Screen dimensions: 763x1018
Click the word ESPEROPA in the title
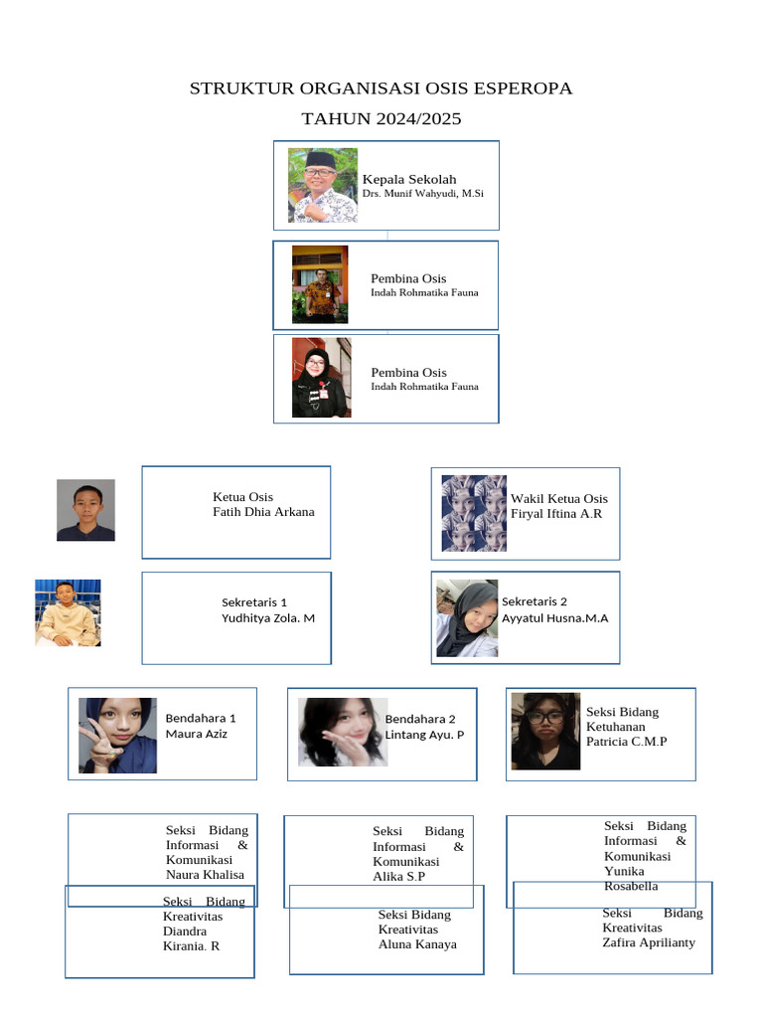click(523, 88)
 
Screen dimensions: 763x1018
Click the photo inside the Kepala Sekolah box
click(323, 186)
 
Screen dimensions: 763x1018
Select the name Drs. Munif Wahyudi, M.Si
click(422, 194)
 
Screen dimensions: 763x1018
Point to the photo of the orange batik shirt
click(320, 284)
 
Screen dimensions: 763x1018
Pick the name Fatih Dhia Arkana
click(263, 512)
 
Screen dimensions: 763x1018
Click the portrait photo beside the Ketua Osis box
click(85, 510)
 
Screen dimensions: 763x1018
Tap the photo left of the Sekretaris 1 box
click(68, 612)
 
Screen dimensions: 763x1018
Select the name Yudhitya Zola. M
click(268, 618)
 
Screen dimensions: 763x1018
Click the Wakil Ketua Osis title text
click(559, 499)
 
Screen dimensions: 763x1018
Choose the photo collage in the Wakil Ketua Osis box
click(474, 514)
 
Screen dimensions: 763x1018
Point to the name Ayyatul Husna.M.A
click(554, 618)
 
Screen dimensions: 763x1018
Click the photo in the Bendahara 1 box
click(117, 736)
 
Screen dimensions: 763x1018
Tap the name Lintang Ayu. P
click(424, 735)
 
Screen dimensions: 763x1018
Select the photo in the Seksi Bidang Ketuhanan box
click(545, 732)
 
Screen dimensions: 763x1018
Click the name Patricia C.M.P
click(626, 742)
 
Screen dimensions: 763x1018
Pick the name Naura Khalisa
click(205, 875)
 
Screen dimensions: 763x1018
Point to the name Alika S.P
click(399, 877)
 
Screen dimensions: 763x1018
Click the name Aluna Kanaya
click(417, 944)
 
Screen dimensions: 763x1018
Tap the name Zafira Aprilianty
click(648, 942)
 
